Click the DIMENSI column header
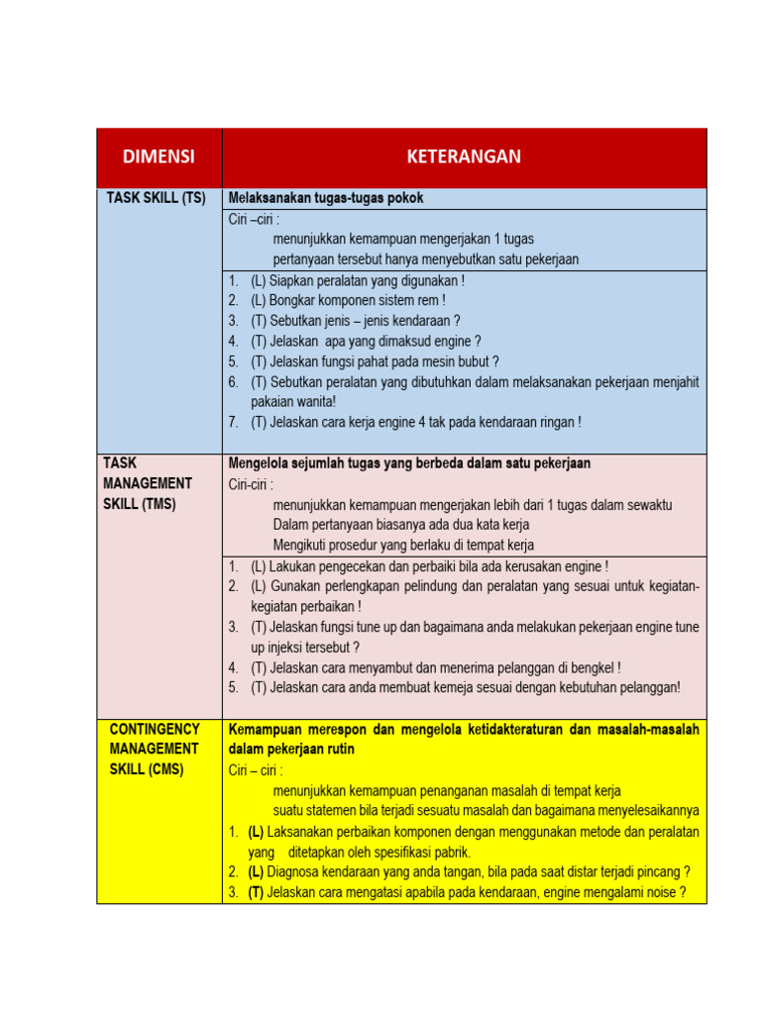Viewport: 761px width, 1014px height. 159,156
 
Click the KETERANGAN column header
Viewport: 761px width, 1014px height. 464,156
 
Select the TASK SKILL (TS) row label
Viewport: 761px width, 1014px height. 157,198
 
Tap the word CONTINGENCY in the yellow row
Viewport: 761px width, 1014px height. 154,730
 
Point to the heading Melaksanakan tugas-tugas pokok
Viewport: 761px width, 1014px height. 326,198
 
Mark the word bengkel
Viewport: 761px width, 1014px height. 595,667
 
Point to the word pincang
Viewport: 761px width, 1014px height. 655,872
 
